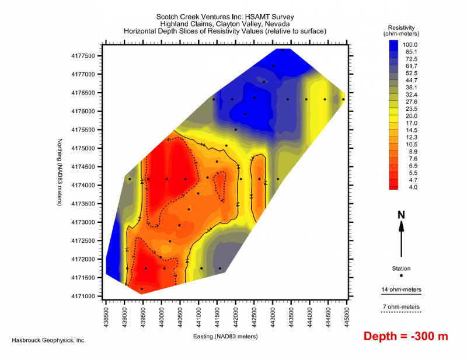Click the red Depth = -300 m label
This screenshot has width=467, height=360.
click(x=406, y=337)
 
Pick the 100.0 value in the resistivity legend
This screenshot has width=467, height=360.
click(x=418, y=44)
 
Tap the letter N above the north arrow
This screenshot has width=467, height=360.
click(x=401, y=215)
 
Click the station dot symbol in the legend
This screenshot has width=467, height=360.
click(x=401, y=275)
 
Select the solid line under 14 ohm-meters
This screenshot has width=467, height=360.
click(x=400, y=295)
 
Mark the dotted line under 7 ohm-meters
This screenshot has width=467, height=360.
click(x=400, y=313)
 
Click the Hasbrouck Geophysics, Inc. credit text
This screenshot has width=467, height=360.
click(x=49, y=340)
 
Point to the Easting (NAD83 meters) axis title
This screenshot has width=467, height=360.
click(x=225, y=337)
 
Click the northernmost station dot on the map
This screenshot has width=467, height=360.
click(x=283, y=50)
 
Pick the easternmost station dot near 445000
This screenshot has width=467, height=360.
click(x=343, y=99)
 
